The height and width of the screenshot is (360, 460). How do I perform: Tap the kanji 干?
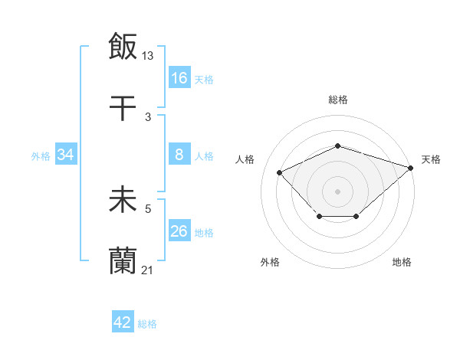[123, 107]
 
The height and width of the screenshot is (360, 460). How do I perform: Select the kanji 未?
[123, 200]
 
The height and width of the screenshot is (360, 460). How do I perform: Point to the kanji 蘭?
[123, 261]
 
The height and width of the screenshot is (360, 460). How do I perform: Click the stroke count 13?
[149, 55]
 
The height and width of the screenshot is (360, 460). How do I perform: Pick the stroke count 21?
[149, 270]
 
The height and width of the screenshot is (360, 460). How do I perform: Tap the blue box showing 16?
[179, 78]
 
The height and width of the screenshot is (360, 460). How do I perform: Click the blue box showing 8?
[179, 155]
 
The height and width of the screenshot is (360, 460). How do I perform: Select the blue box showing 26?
[179, 232]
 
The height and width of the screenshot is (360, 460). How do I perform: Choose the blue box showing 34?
[66, 155]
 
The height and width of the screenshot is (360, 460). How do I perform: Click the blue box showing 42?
[123, 322]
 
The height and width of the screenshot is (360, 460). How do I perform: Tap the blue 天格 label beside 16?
[204, 79]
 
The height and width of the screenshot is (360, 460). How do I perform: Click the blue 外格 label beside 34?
[41, 156]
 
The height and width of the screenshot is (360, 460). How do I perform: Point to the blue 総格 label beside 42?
[147, 323]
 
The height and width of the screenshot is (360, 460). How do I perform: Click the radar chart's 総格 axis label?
[337, 100]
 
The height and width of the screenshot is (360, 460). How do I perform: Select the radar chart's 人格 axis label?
[245, 159]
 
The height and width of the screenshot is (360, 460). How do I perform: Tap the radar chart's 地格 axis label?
[402, 262]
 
